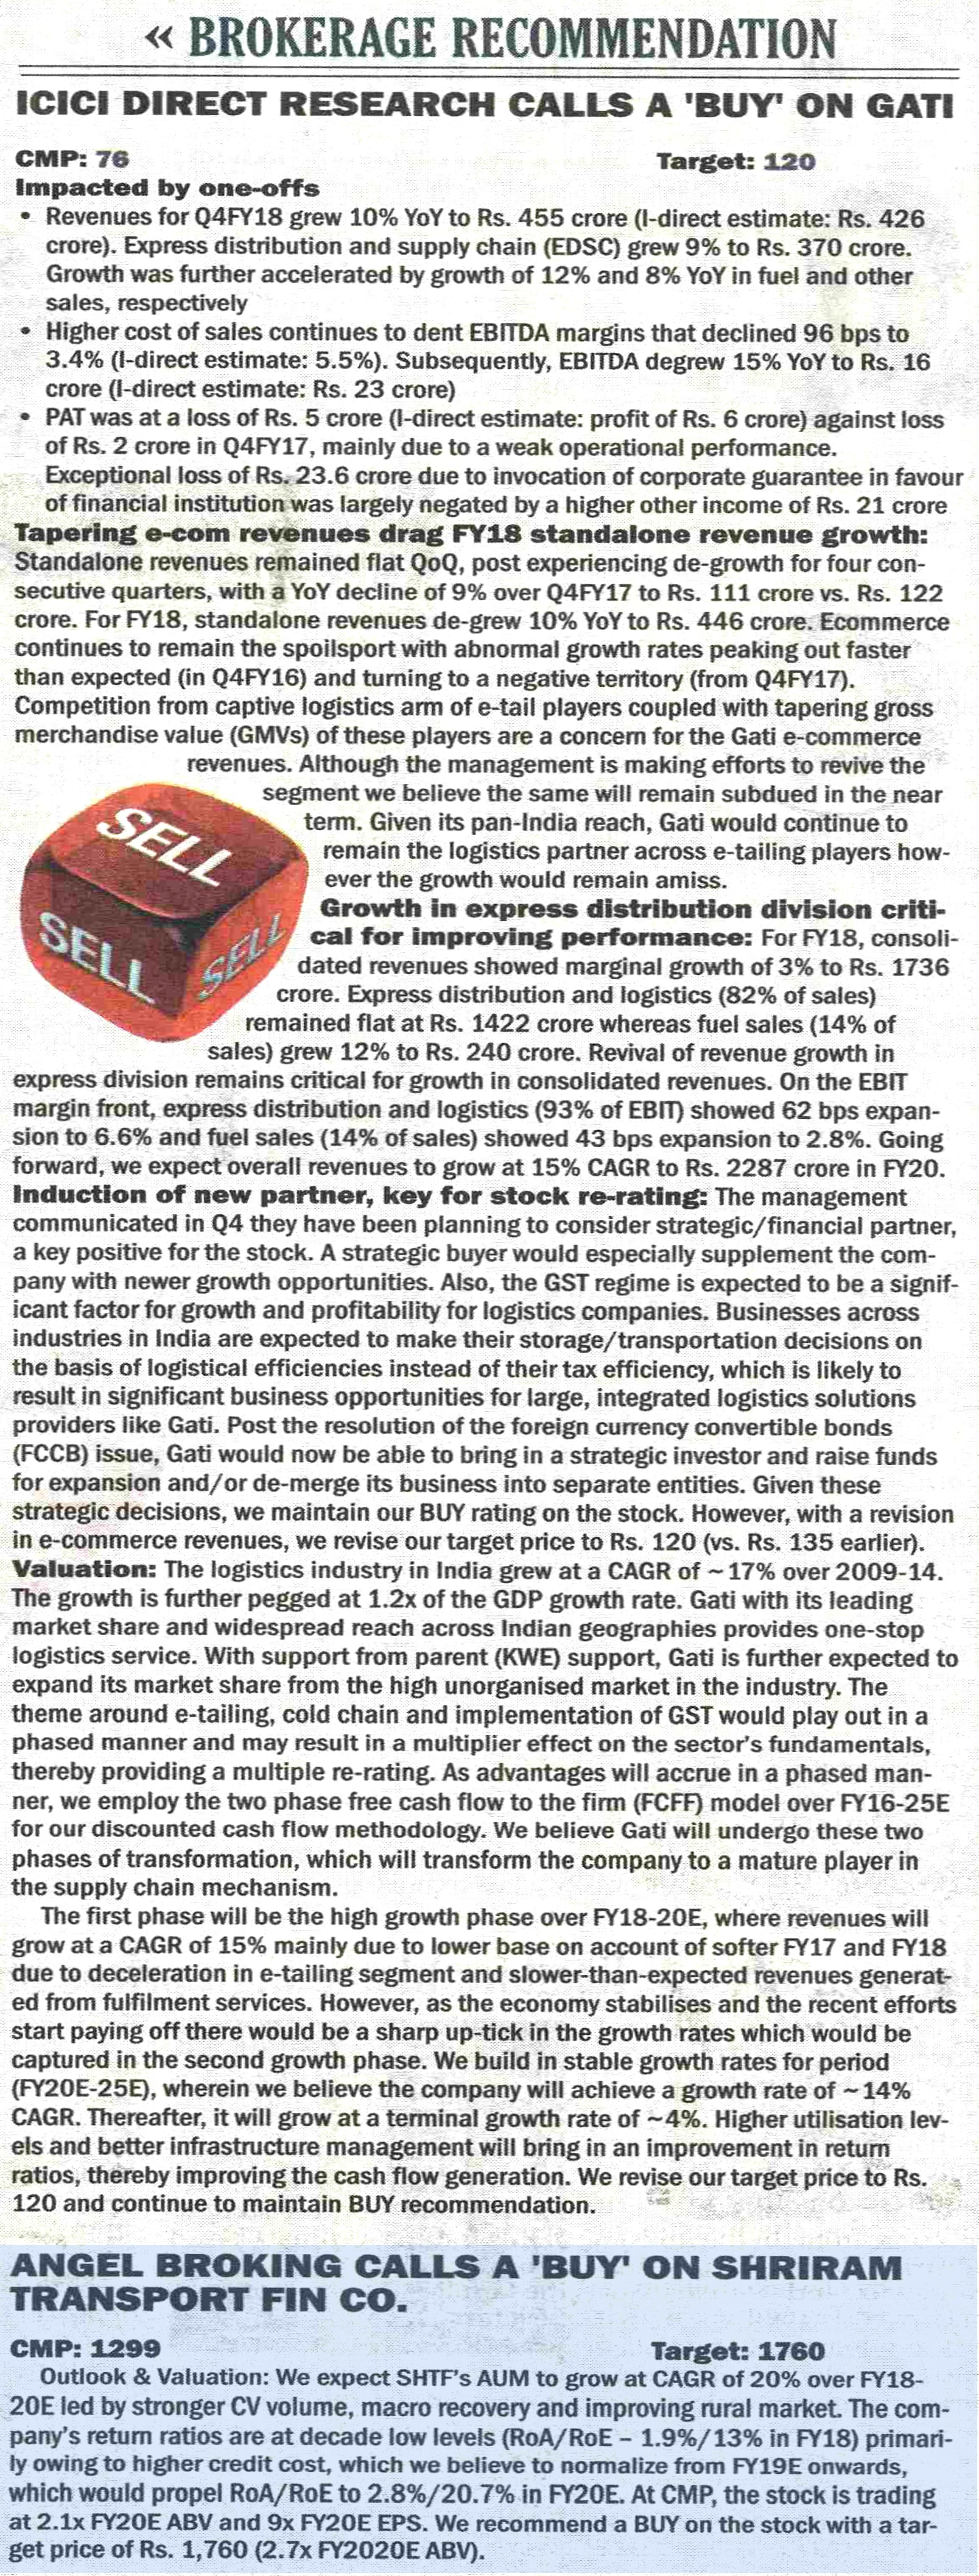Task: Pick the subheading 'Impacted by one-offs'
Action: (167, 187)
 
